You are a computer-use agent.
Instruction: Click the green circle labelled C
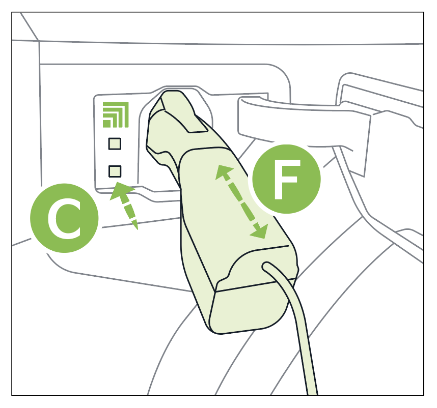[x=64, y=218]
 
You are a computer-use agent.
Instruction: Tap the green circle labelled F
[x=287, y=179]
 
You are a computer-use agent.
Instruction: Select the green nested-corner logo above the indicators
[x=116, y=114]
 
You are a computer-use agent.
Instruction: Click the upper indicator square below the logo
[x=115, y=144]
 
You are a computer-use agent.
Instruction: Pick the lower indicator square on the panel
[x=115, y=171]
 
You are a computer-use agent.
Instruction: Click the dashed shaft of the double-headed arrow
[x=241, y=201]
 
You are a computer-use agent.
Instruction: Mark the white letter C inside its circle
[x=64, y=218]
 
